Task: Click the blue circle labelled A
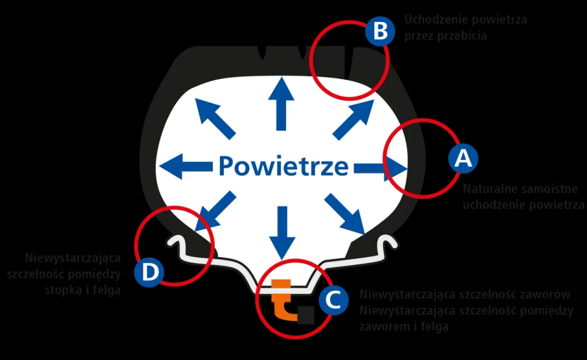click(463, 158)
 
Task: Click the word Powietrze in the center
click(284, 166)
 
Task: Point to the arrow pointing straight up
click(281, 105)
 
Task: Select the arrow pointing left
click(183, 166)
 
